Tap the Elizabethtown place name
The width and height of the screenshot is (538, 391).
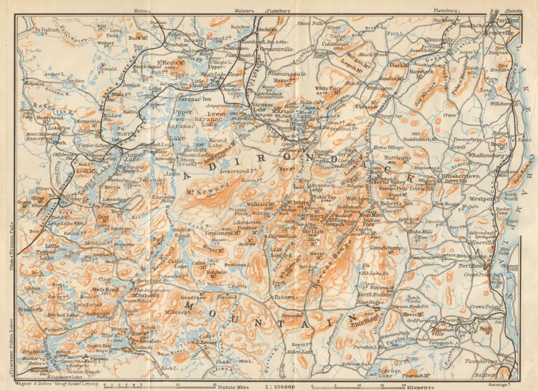point(459,176)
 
